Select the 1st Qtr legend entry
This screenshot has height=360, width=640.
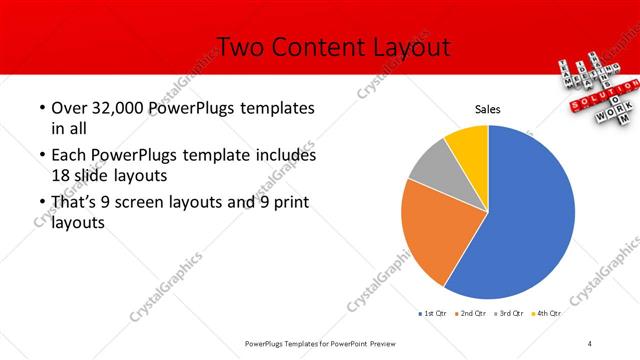(x=432, y=313)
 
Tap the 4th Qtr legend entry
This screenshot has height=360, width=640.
(x=549, y=313)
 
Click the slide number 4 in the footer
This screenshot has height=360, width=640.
(x=590, y=343)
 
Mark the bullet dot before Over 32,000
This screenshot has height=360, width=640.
(x=41, y=108)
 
